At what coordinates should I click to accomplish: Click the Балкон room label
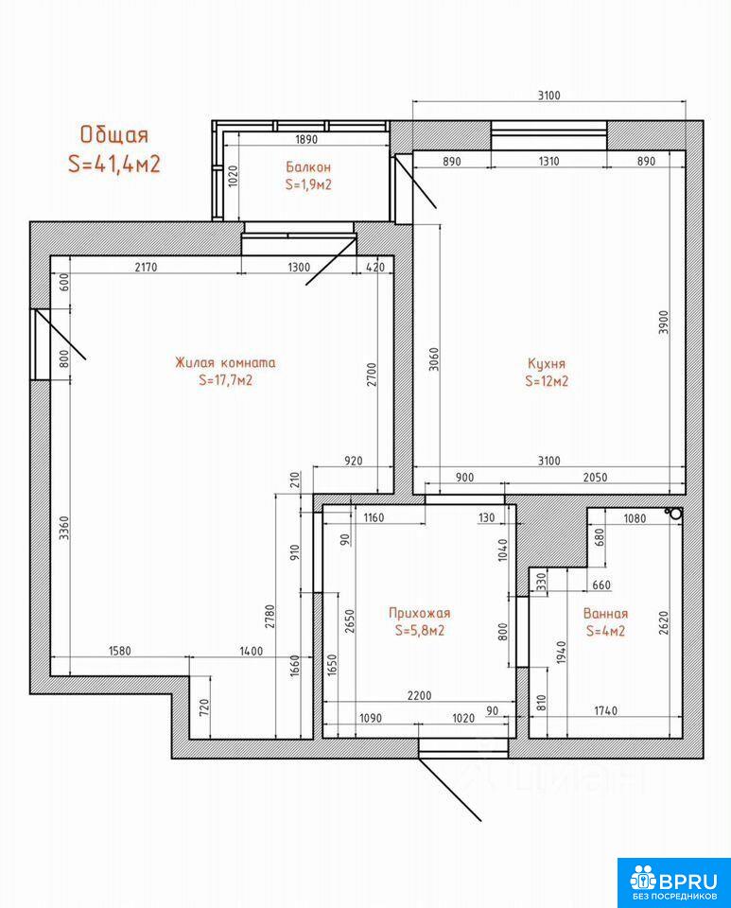click(x=308, y=166)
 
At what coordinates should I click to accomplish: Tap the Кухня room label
click(x=547, y=363)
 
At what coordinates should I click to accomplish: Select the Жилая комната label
click(x=225, y=362)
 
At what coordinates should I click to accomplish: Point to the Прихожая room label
click(x=419, y=613)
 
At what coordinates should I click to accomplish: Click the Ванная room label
click(x=605, y=613)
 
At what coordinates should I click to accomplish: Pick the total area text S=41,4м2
click(x=114, y=165)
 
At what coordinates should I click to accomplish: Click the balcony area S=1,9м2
click(x=308, y=184)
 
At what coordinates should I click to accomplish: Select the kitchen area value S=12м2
click(x=547, y=381)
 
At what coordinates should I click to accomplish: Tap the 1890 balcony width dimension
click(x=306, y=139)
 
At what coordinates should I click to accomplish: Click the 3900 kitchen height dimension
click(x=663, y=322)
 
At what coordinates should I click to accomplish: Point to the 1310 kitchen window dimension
click(x=548, y=161)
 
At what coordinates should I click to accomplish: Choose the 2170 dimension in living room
click(x=146, y=267)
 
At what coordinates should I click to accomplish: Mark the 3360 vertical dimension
click(x=63, y=528)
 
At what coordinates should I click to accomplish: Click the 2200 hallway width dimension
click(x=419, y=695)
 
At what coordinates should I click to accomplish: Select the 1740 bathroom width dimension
click(x=606, y=710)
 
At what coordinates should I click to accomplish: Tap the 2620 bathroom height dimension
click(x=663, y=623)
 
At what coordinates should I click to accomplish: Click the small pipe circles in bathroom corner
click(x=673, y=514)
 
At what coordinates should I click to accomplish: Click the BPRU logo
click(x=673, y=882)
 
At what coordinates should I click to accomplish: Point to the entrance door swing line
click(x=450, y=789)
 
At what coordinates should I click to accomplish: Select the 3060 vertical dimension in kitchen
click(x=433, y=359)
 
